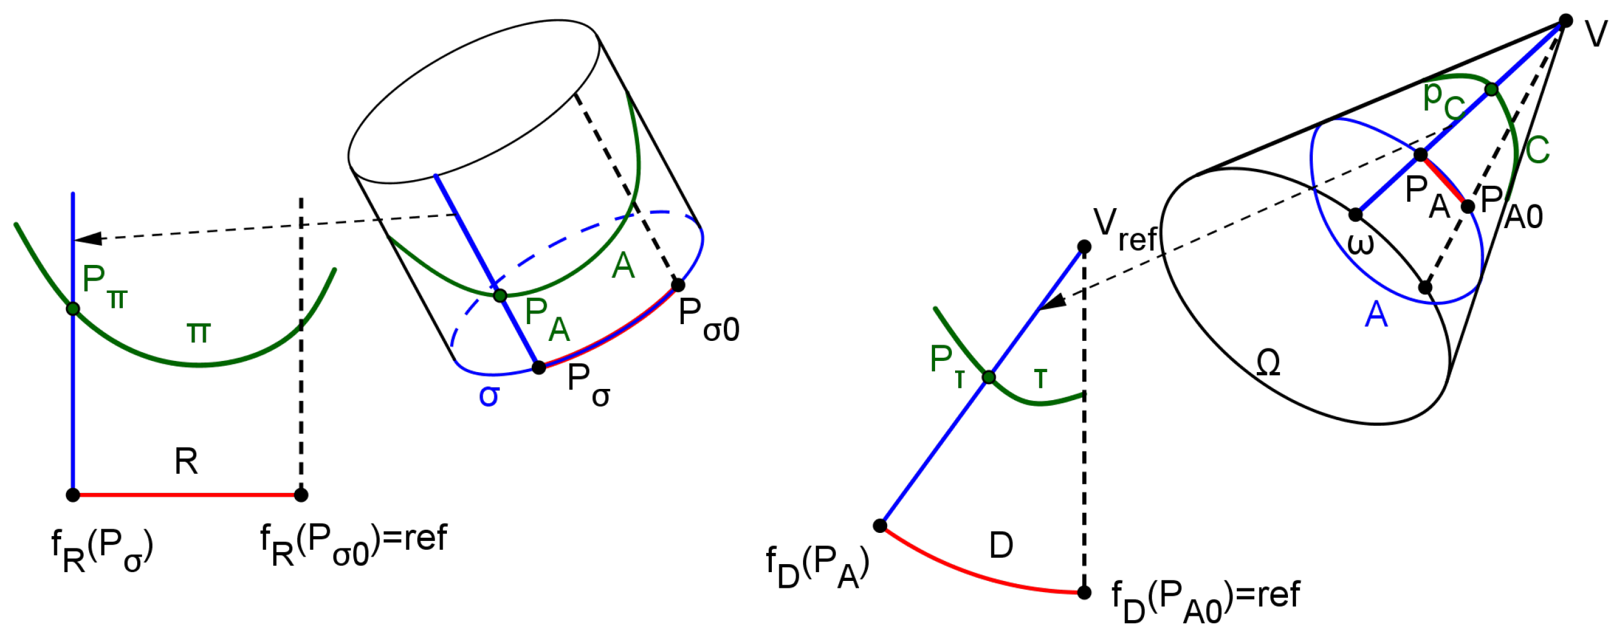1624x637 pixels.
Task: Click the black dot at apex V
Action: tap(1565, 21)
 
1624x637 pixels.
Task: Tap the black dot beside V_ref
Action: tap(1083, 246)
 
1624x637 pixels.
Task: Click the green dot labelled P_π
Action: tap(73, 308)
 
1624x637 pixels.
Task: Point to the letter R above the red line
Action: tap(186, 461)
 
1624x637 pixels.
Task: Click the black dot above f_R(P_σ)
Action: tap(73, 495)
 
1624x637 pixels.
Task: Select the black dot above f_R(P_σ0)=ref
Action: tap(300, 495)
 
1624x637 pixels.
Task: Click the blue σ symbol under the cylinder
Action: tap(489, 395)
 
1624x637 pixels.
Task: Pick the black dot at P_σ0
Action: tap(678, 285)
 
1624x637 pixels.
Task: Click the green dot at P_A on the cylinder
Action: tap(500, 295)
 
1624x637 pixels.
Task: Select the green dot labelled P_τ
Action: tap(989, 377)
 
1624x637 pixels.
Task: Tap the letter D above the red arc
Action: tap(1001, 545)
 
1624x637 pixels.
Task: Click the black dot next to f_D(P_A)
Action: tap(880, 525)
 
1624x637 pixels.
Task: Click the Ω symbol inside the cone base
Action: tap(1268, 363)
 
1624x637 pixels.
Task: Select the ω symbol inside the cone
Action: tap(1360, 244)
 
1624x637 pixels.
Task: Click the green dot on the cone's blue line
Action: tap(1491, 90)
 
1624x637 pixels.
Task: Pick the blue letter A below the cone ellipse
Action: tap(1376, 314)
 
